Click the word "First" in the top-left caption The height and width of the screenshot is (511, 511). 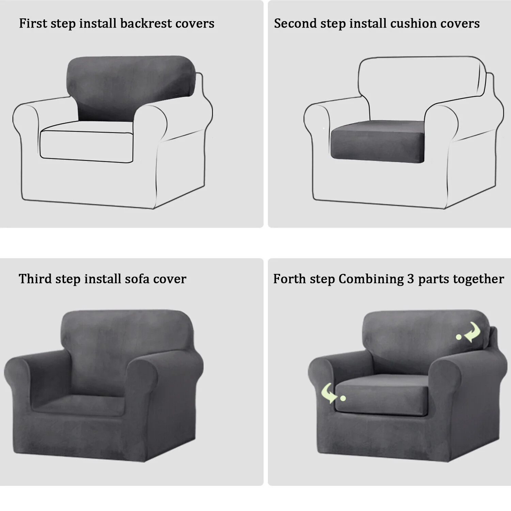33,23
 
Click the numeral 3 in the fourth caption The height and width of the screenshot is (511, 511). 411,279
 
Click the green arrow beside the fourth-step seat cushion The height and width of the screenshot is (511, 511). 329,393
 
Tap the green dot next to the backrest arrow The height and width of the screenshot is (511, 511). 459,337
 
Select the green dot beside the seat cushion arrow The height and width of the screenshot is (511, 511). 343,398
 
